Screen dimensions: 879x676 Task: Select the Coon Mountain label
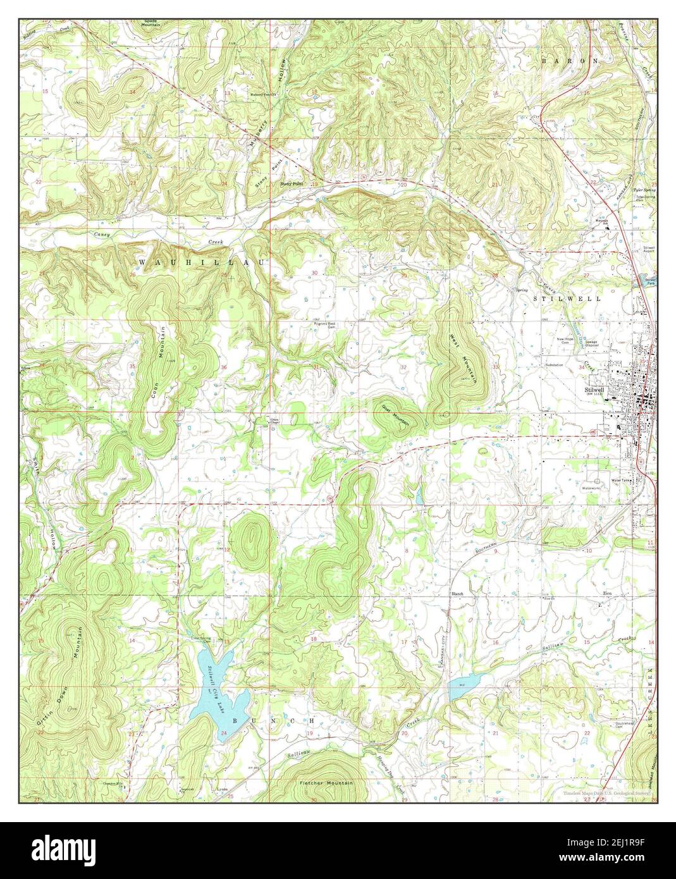(x=162, y=351)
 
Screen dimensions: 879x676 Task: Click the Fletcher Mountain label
(x=326, y=783)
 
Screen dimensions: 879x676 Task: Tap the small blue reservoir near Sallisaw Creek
(x=463, y=687)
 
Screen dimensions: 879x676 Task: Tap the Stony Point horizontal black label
(x=292, y=183)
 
